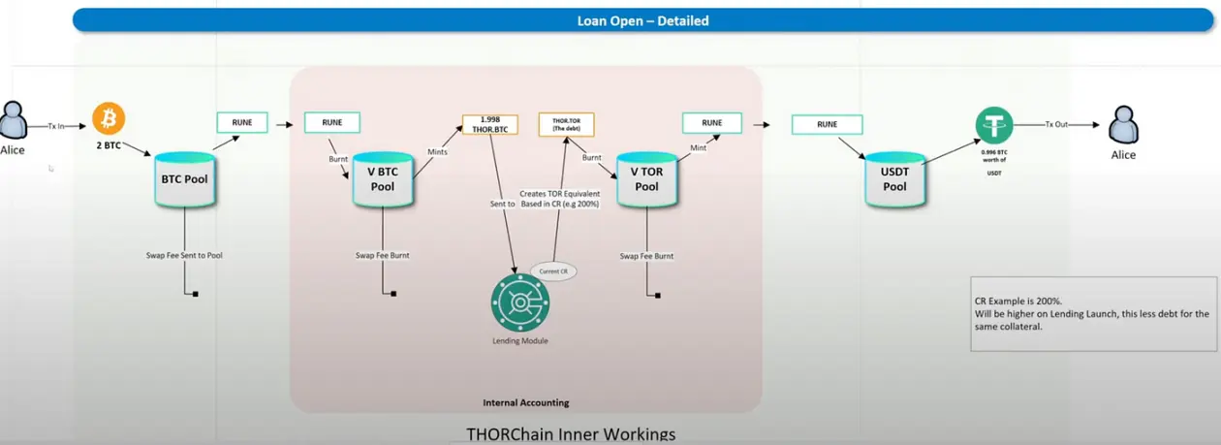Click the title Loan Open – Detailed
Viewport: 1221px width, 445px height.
coord(642,20)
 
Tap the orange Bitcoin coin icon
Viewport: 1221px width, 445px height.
coord(109,119)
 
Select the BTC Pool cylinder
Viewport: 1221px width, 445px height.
coord(184,178)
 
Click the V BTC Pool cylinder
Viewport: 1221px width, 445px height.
coord(383,178)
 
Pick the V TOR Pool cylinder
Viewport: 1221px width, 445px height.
coord(645,178)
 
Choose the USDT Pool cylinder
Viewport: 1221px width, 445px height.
coord(894,178)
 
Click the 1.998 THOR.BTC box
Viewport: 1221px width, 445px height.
coord(490,124)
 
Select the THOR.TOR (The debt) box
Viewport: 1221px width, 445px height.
coord(566,124)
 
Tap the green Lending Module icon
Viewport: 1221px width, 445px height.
coord(520,303)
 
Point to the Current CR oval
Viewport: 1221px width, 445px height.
coord(553,270)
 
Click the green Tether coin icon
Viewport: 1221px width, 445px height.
coord(994,126)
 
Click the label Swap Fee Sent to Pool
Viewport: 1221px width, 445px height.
coord(184,255)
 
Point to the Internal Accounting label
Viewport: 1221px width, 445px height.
coord(525,402)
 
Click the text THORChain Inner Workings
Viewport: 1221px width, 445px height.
coord(571,433)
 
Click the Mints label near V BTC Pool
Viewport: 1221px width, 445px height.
coord(437,151)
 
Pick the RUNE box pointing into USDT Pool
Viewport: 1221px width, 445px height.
coord(827,124)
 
